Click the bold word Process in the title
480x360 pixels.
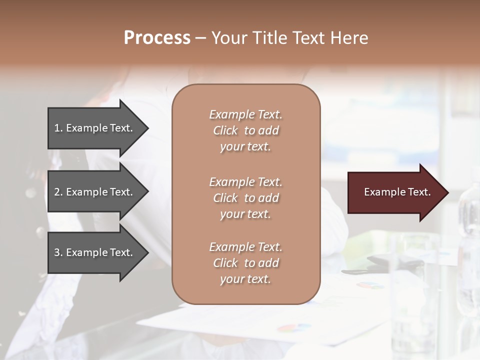[157, 38]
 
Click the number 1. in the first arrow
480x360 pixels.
[58, 128]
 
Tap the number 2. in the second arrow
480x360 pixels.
[58, 192]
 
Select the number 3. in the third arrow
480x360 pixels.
[58, 252]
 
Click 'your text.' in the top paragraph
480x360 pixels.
[245, 147]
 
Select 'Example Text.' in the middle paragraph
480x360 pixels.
[245, 182]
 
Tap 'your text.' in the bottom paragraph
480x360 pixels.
[245, 279]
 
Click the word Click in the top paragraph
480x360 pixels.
[225, 131]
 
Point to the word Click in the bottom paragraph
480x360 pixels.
[225, 263]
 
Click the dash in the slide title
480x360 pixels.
[200, 38]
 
